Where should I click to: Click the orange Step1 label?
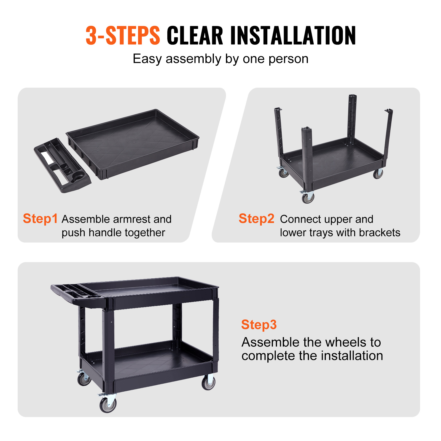coord(40,219)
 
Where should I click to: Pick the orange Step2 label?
coord(256,219)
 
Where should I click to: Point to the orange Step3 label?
coord(259,325)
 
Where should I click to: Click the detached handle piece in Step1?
coord(62,165)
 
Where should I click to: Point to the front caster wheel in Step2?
coord(308,197)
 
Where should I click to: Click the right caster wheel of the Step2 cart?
coord(378,174)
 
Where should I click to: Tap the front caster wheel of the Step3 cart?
coord(108,404)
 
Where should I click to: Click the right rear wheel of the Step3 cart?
coord(208,383)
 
